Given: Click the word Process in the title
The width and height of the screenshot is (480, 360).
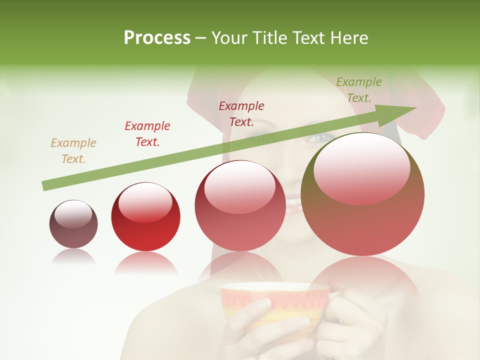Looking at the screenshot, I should click(156, 37).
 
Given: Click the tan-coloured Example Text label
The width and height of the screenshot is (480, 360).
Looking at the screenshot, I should click(73, 150).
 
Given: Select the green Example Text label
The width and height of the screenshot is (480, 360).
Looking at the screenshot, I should click(358, 89).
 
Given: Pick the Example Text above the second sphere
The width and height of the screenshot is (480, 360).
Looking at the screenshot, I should click(147, 133).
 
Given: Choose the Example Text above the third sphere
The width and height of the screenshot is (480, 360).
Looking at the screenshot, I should click(241, 113).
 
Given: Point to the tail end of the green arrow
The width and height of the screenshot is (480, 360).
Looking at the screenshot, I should click(45, 186).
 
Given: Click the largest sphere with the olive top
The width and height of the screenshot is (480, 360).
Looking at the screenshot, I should click(362, 220).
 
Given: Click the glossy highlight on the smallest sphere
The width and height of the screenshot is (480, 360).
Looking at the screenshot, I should click(73, 214).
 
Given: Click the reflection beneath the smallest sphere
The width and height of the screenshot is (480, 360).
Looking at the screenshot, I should click(73, 257).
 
